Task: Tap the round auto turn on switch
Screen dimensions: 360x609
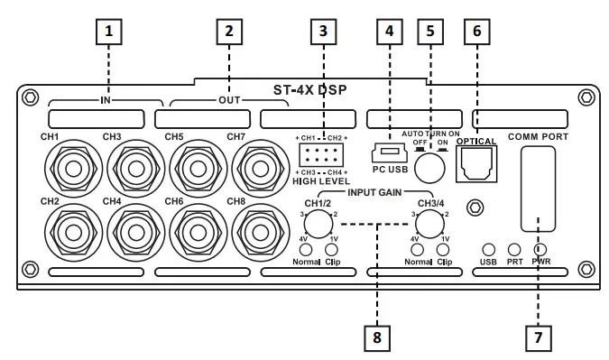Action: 430,168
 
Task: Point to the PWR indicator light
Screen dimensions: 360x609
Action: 541,249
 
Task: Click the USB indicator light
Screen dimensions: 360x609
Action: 489,249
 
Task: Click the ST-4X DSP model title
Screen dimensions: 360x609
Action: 309,91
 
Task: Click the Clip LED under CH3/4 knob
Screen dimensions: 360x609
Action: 443,250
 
